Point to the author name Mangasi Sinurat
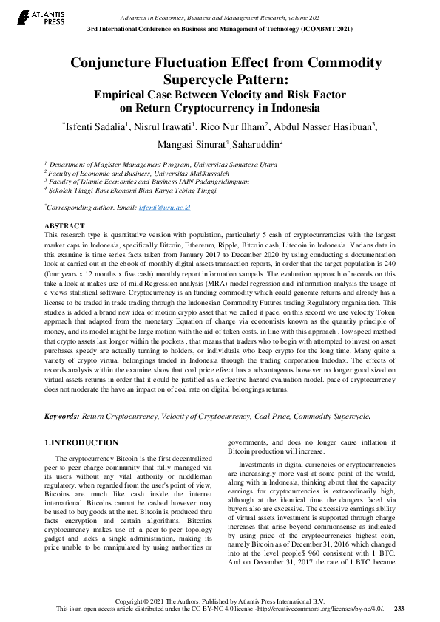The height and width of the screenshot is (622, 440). pos(192,144)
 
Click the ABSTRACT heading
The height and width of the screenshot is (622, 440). pos(64,225)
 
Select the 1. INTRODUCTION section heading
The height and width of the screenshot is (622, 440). pos(81,442)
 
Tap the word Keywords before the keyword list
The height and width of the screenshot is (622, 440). pos(62,417)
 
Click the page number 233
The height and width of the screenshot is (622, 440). pos(399,608)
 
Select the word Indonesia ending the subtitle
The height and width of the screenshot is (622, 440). pos(304,107)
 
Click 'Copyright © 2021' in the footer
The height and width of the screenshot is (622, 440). pos(141,600)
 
